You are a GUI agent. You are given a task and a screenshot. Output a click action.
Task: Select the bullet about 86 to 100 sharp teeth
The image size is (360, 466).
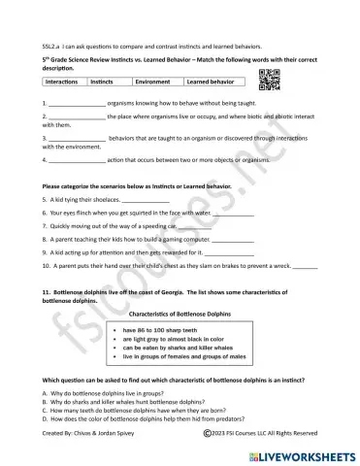(x=160, y=331)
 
